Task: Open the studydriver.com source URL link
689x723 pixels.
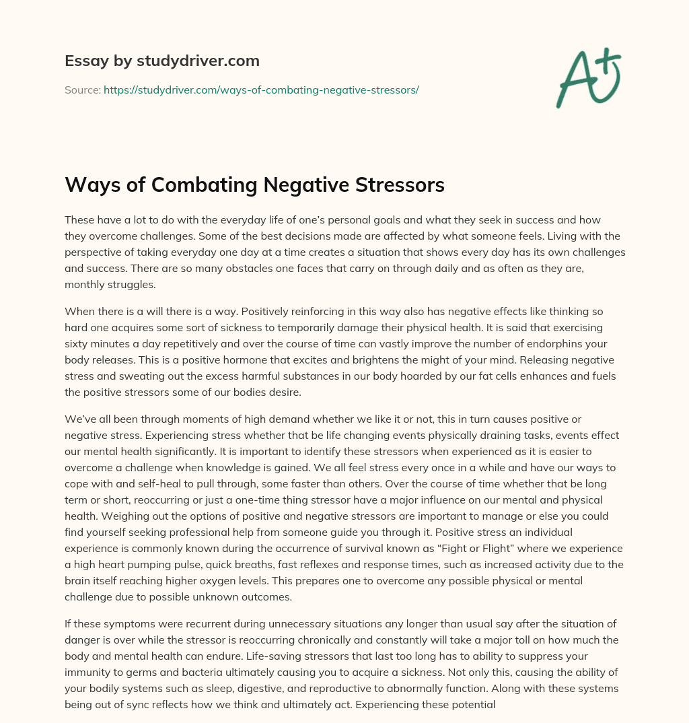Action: [261, 90]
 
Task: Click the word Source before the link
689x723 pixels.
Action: [81, 90]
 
